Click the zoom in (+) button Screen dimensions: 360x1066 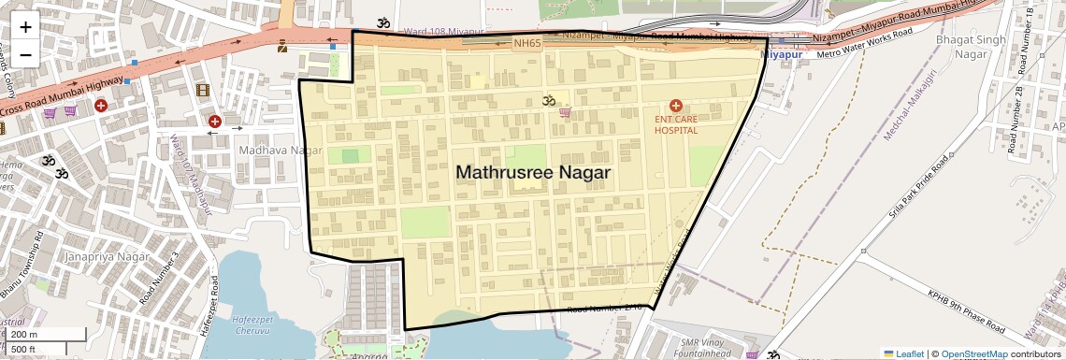25,27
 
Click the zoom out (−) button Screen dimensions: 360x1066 25,53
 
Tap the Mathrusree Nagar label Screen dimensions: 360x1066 532,173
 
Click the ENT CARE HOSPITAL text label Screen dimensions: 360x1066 675,125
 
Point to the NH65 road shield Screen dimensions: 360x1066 526,43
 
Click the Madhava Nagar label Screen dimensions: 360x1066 267,150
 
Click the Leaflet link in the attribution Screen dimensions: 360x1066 902,353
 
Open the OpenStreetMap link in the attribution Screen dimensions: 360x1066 973,353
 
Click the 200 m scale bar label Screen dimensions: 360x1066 24,334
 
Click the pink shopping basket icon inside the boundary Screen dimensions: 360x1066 565,112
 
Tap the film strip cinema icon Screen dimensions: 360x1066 203,90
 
